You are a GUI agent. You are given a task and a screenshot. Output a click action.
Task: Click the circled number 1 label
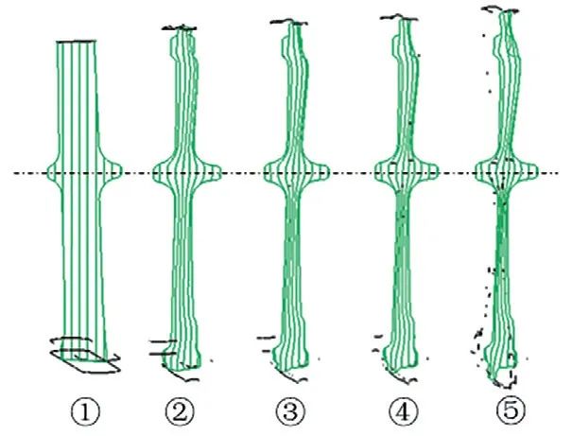click(85, 412)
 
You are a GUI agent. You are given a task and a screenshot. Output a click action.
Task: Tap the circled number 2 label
click(180, 412)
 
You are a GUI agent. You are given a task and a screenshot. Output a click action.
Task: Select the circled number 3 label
click(291, 412)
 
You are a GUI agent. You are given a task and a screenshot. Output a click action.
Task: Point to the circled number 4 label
click(404, 412)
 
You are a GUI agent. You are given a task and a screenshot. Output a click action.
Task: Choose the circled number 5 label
click(511, 410)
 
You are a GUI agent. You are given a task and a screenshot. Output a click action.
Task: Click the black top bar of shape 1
click(77, 42)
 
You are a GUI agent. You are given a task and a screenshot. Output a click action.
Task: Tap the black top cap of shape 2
click(180, 27)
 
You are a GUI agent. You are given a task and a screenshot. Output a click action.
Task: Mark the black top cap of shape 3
click(289, 23)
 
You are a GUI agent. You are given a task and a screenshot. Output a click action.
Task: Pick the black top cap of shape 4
click(399, 17)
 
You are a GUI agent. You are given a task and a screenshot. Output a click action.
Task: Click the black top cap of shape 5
click(500, 9)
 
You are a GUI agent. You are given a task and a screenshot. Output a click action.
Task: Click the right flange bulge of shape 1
click(111, 172)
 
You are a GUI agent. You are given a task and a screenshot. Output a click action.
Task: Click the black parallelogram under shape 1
click(85, 361)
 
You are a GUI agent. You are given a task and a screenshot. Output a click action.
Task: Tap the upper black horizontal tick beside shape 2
click(163, 341)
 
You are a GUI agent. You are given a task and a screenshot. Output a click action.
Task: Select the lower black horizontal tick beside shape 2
click(163, 354)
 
